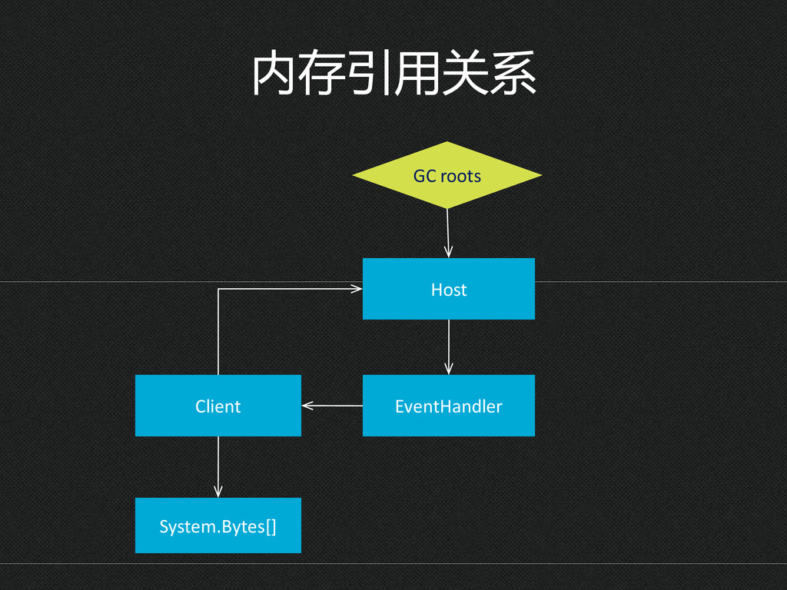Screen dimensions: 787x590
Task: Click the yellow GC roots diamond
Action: tap(447, 175)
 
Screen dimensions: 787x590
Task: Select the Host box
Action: tap(449, 289)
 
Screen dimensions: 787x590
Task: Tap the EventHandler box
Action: tap(449, 406)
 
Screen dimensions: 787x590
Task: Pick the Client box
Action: tap(218, 406)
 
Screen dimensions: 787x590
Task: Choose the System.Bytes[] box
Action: tap(218, 525)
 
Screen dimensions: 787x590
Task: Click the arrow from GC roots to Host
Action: tap(448, 234)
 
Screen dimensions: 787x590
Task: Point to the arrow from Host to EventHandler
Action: tap(449, 347)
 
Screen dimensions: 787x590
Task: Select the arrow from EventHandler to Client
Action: tap(332, 406)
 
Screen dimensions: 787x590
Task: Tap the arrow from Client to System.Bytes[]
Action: tap(218, 467)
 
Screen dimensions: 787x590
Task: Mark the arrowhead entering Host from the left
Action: tap(357, 289)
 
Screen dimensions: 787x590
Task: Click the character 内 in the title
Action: tap(273, 73)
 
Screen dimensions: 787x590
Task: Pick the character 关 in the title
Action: tap(465, 73)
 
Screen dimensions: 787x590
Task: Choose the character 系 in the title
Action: tap(513, 73)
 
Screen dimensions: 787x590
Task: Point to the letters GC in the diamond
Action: tap(424, 176)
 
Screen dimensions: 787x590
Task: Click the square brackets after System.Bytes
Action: tap(271, 526)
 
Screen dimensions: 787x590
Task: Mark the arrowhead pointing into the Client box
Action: tap(307, 406)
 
